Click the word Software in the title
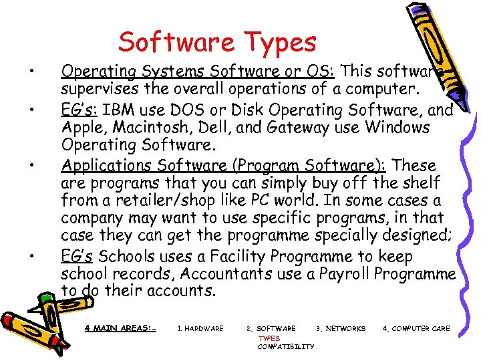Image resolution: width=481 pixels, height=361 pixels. [x=174, y=42]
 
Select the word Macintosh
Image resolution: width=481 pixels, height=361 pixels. [x=158, y=127]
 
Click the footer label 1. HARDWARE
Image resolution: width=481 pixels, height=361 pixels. [x=200, y=329]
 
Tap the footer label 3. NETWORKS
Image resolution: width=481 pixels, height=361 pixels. [x=341, y=329]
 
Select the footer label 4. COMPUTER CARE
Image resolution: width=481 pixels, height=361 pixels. [x=416, y=329]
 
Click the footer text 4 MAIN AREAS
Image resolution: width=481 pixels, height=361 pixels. [x=120, y=328]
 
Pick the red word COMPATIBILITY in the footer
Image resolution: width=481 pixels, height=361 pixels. [x=286, y=346]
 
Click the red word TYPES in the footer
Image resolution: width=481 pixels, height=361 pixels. [x=269, y=338]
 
